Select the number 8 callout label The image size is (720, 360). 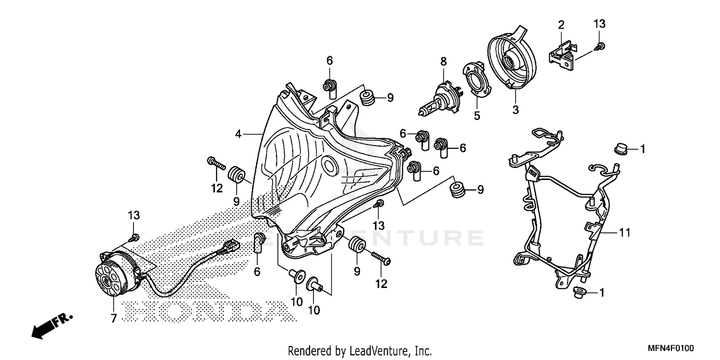[444, 61]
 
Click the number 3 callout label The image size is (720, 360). [516, 110]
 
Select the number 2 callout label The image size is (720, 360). [561, 24]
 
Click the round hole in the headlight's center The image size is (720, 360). [330, 166]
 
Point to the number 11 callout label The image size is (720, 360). [624, 233]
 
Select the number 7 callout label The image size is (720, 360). [114, 319]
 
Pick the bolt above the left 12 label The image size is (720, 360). [216, 164]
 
